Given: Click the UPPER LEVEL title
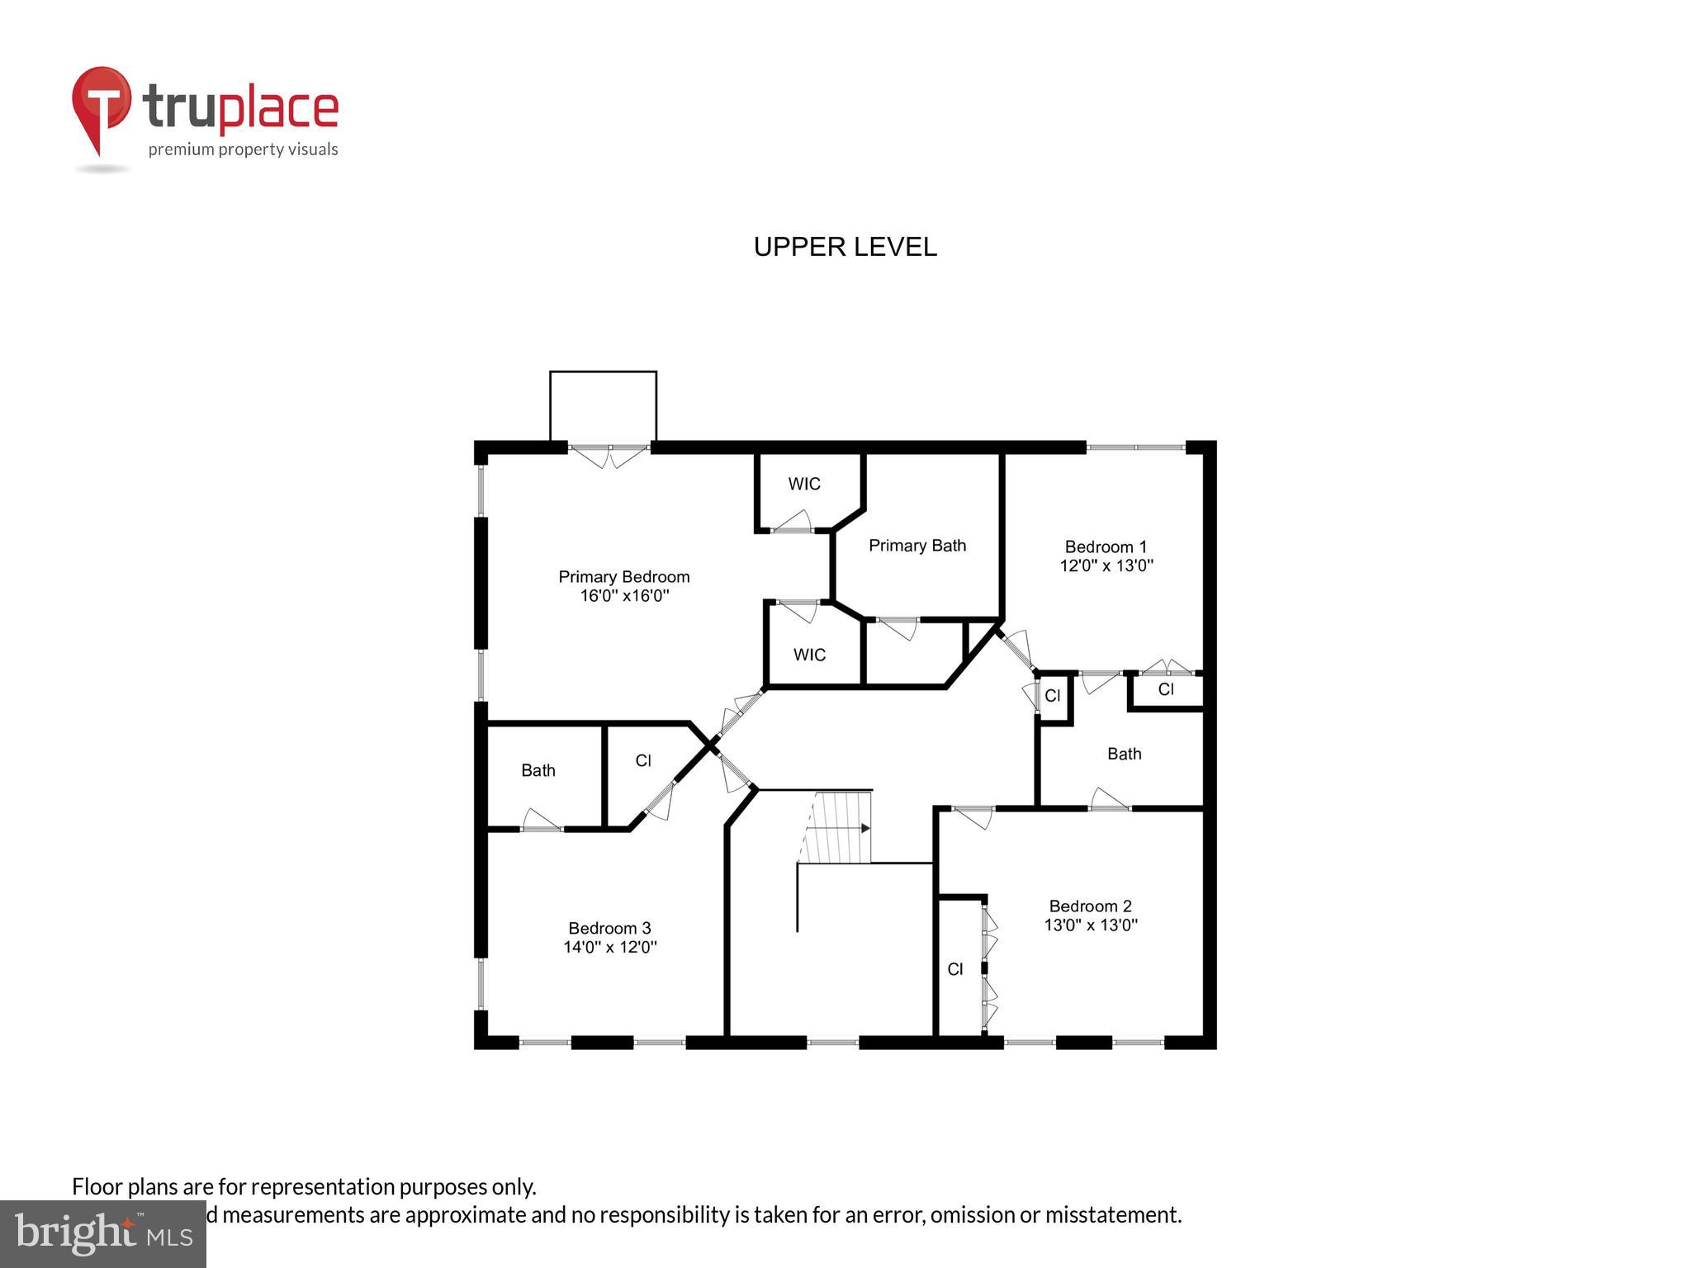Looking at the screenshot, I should (x=845, y=247).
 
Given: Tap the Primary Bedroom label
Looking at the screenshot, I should (x=623, y=576).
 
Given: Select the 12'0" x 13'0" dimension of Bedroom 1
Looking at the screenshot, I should (x=1106, y=565).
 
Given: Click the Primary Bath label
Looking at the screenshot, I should (x=917, y=546).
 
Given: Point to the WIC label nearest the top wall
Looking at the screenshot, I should (x=803, y=484).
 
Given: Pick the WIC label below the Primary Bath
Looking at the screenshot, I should (x=809, y=655).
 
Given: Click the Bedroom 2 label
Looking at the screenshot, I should (x=1090, y=906).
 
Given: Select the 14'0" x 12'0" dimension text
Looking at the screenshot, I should (x=609, y=947).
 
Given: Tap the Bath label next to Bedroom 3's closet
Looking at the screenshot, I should (x=538, y=770).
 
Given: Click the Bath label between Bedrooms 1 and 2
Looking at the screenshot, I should (x=1124, y=754).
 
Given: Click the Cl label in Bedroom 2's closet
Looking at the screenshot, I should (x=954, y=969).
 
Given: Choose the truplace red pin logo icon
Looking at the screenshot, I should (x=101, y=107).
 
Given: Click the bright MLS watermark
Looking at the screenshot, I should (x=102, y=1233).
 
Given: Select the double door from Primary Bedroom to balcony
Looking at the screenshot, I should (x=609, y=454).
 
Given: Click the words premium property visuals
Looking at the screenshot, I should (x=243, y=149).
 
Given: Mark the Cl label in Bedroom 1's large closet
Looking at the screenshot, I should (x=1165, y=689).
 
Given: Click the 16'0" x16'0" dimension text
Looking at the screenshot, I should (x=623, y=595).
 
